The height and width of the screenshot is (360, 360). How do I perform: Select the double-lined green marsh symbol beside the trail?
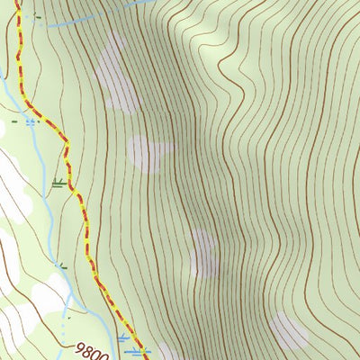pos(59,184)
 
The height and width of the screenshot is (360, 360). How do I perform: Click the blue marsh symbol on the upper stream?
pos(31,120)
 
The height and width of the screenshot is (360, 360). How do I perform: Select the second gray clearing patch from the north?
pos(149,153)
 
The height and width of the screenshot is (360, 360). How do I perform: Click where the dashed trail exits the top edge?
pos(17,2)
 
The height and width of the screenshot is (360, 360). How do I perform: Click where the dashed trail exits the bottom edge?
pos(147,358)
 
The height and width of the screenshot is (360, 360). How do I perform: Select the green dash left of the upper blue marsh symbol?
pos(14,119)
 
